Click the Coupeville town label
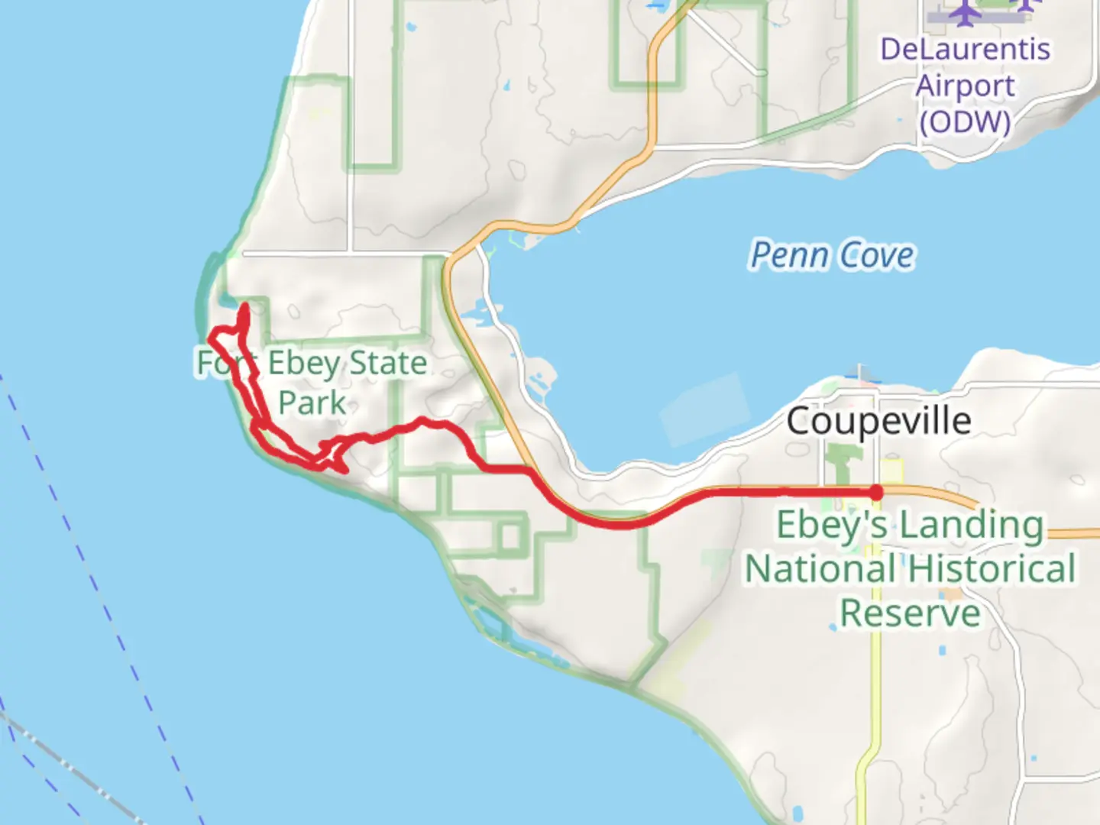[x=878, y=421]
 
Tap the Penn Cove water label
[x=832, y=255]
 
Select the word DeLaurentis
[x=965, y=50]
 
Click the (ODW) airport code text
[x=965, y=122]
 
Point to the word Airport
[x=965, y=86]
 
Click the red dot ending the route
[x=876, y=493]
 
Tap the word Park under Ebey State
[x=312, y=403]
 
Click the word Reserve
[x=910, y=613]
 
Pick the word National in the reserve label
[x=821, y=569]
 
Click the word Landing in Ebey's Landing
[x=971, y=526]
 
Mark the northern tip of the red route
[x=244, y=308]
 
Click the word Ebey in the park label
[x=303, y=364]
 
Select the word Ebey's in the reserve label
[x=832, y=526]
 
